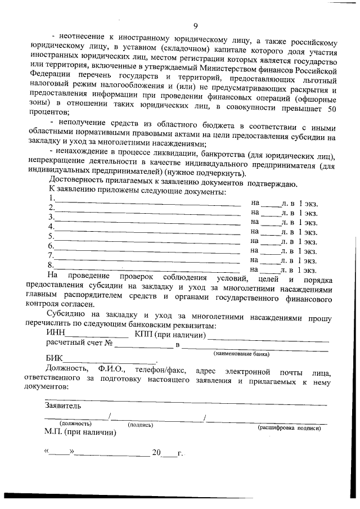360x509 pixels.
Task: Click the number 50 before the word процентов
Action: pos(332,109)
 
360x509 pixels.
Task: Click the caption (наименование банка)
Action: pos(241,354)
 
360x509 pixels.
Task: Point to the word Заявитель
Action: pos(63,406)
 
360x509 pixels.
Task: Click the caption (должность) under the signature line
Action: pos(75,424)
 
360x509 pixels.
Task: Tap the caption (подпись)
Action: pos(141,425)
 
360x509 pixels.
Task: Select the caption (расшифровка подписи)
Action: pos(289,428)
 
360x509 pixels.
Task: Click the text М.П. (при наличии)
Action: pos(80,433)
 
